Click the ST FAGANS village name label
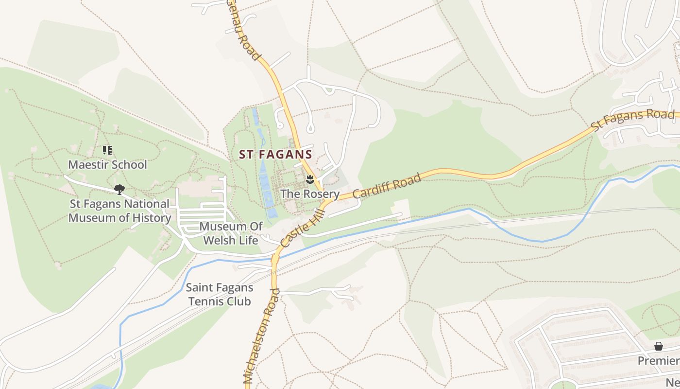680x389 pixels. (275, 155)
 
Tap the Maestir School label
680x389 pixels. (107, 164)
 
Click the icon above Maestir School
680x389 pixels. (107, 150)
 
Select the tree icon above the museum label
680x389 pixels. (119, 190)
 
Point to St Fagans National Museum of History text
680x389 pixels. (119, 211)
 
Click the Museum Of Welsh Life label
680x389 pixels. (231, 233)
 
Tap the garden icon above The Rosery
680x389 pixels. (310, 179)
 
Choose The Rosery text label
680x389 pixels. (310, 194)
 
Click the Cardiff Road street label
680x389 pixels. (387, 186)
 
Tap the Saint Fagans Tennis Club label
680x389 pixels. (220, 295)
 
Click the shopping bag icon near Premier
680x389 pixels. (658, 346)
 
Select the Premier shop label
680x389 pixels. (659, 360)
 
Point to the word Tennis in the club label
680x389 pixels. (207, 301)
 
